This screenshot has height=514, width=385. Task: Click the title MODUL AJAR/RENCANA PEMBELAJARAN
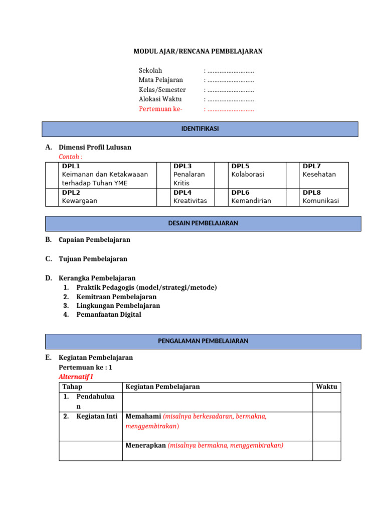tap(198, 51)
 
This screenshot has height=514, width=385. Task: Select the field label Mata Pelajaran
tap(160, 80)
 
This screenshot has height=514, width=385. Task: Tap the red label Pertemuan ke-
tap(160, 109)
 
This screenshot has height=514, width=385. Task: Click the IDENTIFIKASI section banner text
tap(200, 129)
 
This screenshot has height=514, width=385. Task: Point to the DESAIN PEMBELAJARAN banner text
tap(203, 223)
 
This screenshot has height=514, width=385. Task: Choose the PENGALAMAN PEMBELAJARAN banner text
tap(203, 341)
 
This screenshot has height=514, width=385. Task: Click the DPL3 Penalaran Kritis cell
tap(189, 175)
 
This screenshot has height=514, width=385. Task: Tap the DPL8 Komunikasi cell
tap(321, 197)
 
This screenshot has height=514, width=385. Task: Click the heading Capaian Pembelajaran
tap(94, 240)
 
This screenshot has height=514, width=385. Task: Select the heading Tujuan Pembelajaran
tap(93, 259)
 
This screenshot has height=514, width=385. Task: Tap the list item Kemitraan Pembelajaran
tap(116, 297)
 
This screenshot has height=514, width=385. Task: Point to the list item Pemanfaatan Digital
tap(109, 315)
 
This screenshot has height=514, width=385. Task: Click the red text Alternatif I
tap(76, 376)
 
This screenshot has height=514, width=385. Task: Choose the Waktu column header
tap(327, 387)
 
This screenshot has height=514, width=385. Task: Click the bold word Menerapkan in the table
tap(145, 445)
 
